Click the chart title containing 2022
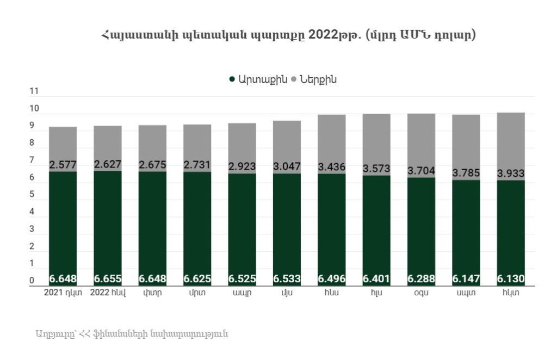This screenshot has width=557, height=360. pos(288,35)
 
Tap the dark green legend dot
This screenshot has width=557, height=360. pos(232,79)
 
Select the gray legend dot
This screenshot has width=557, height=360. pos(294,79)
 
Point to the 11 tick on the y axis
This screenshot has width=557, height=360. pos(34,92)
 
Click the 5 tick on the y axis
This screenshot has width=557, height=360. pos(32,194)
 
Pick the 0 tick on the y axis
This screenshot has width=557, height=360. pos(32,281)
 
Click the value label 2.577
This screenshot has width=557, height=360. pos(63,165)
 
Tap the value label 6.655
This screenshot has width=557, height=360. pos(108,279)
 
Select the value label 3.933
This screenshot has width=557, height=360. pos(511,173)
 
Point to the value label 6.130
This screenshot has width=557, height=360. pos(511,279)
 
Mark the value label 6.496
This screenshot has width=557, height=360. pos(332,279)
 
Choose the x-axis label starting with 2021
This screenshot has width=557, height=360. pos(63,293)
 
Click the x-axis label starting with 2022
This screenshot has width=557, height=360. pos(108,293)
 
